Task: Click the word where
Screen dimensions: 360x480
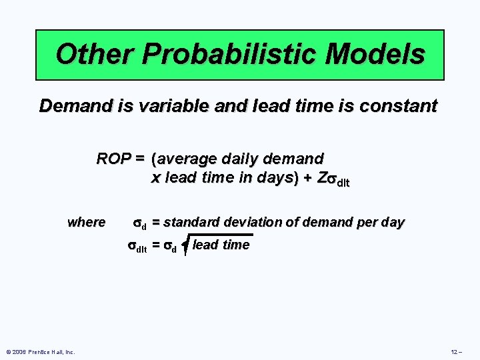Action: point(86,222)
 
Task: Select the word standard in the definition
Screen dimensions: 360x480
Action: point(193,222)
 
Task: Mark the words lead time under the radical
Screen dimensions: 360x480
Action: point(221,245)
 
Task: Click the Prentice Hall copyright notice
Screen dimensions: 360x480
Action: point(40,351)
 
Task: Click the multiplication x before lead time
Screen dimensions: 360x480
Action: point(155,178)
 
